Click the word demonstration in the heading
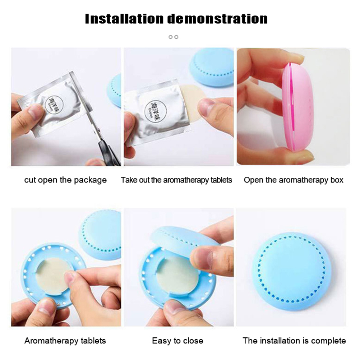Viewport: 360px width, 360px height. (x=217, y=19)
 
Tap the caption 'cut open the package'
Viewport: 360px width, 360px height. (x=65, y=180)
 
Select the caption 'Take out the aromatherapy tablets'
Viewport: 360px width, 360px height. (x=176, y=180)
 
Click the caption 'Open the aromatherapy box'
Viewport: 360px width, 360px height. (x=294, y=180)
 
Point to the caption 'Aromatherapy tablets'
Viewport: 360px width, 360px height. (x=65, y=341)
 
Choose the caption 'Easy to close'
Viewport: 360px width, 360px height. (x=177, y=341)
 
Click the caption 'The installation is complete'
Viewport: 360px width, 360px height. (x=294, y=341)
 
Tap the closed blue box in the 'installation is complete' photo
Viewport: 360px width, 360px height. (x=292, y=271)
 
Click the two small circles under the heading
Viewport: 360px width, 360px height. (x=174, y=37)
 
